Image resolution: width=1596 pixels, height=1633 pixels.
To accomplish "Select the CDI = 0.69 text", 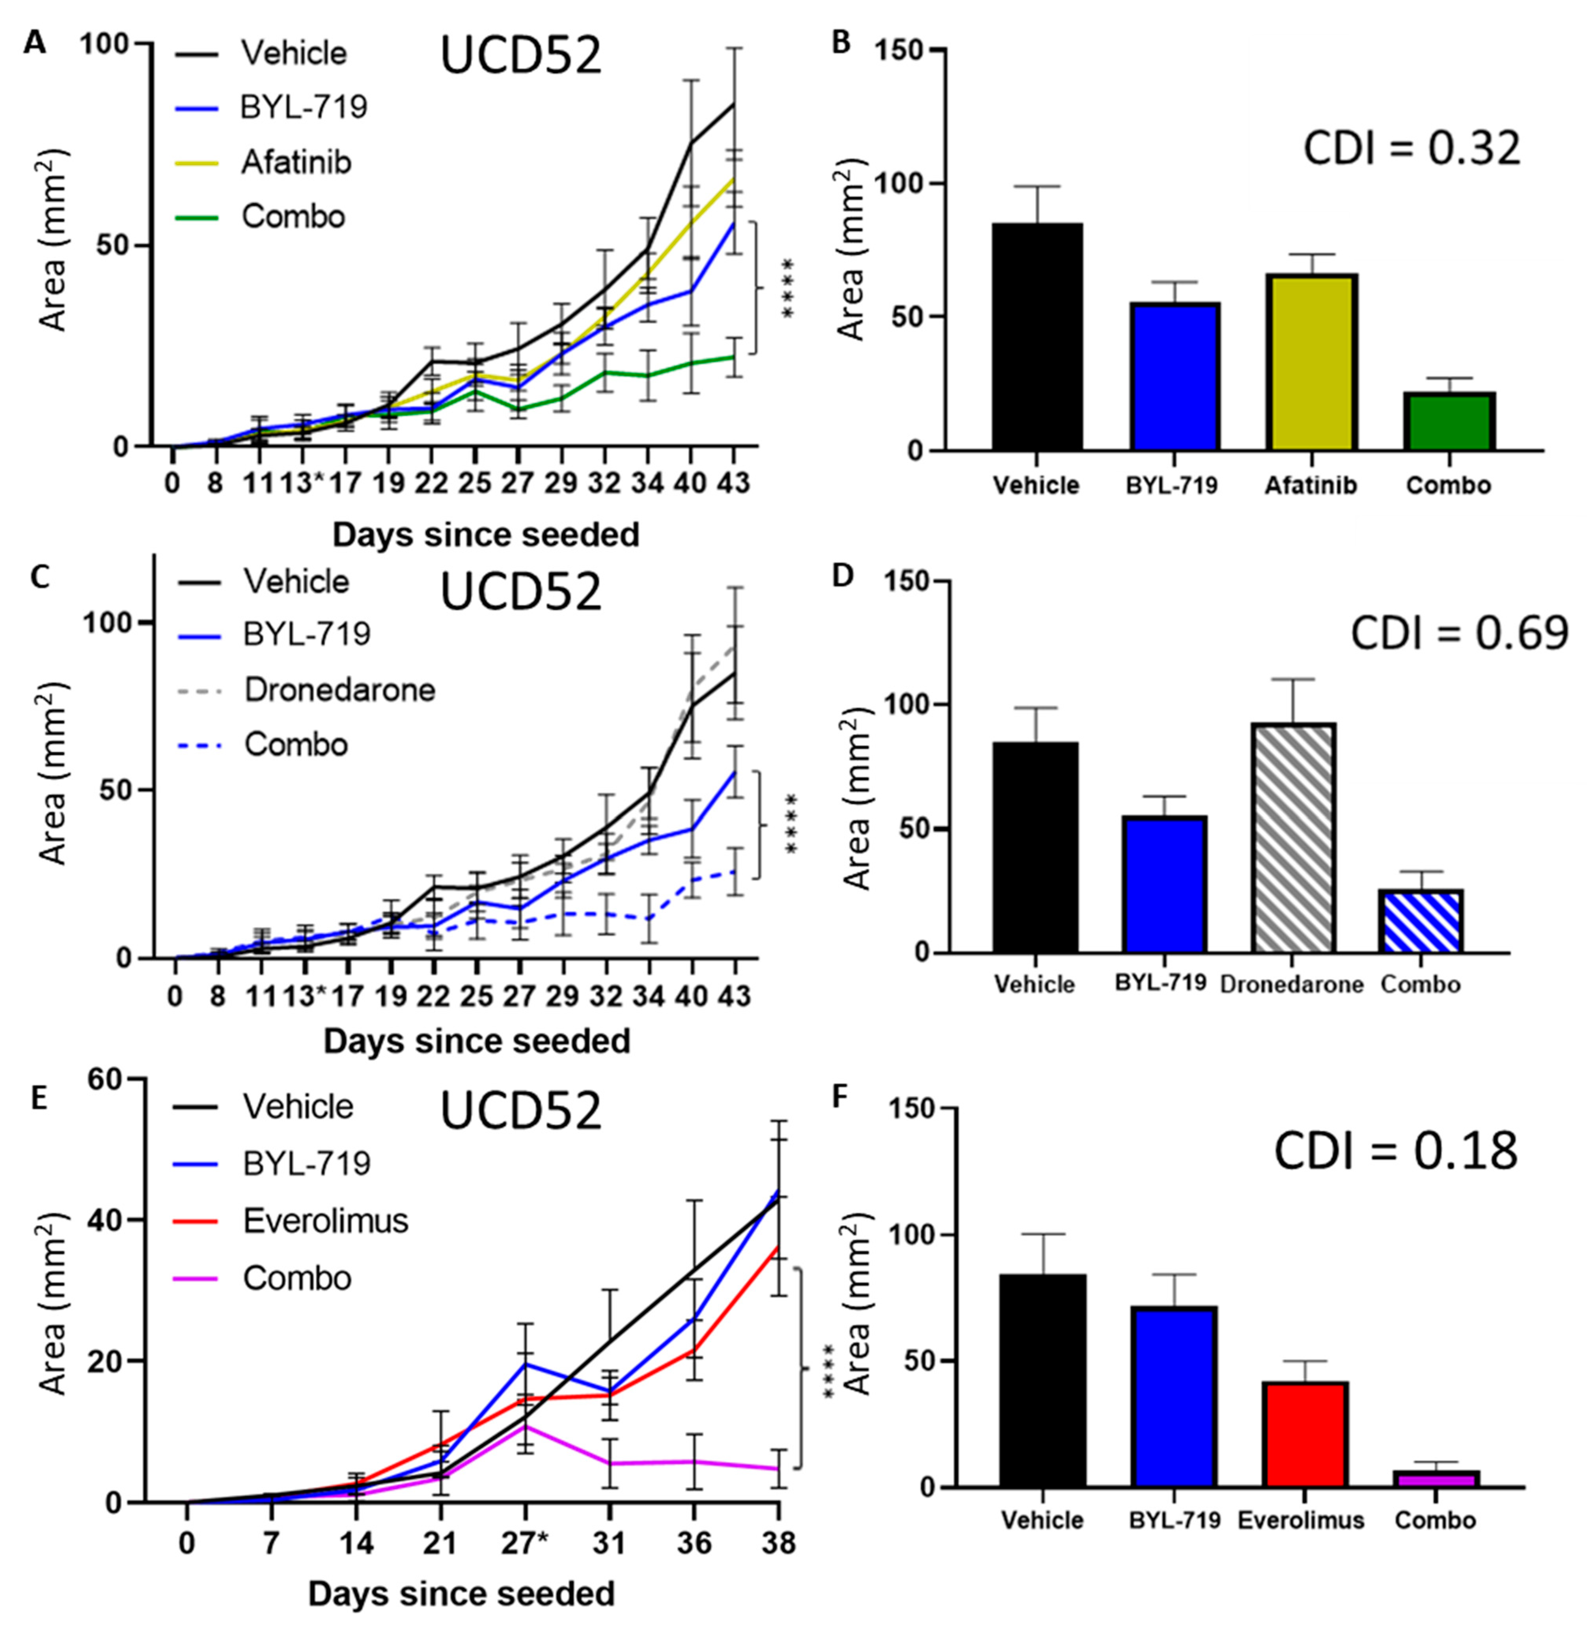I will (1458, 633).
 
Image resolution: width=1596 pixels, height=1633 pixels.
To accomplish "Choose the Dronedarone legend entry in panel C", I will (339, 690).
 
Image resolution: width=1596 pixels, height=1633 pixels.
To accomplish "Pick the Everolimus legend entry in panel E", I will (325, 1221).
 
